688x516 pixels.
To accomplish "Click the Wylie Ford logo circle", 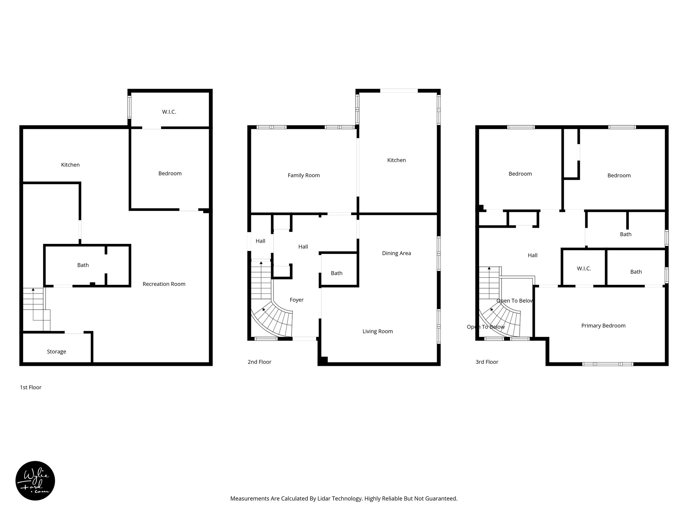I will pos(35,481).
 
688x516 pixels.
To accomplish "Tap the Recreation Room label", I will pos(164,284).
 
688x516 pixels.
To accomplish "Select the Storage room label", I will pos(56,352).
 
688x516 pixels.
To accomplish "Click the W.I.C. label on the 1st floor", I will pos(169,112).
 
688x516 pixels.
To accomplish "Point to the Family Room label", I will pos(304,175).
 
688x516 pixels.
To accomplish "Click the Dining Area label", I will pos(396,253).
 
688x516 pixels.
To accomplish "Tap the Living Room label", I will pos(378,332).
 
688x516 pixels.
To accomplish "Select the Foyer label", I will pos(297,300).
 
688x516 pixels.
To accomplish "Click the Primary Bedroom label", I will pos(603,326).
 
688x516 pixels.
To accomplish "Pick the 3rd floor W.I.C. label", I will pos(584,269).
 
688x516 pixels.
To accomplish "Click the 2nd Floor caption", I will pos(259,362).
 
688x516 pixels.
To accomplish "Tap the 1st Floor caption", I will pos(31,387).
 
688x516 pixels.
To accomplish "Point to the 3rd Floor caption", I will pos(487,362).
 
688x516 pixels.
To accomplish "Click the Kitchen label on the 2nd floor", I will pos(396,160).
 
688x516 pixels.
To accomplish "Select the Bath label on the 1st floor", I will pos(83,265).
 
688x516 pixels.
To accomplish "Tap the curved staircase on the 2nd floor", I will pos(275,321).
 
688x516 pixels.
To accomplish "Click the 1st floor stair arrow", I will pos(33,289).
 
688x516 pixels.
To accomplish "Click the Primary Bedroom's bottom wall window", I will pos(608,364).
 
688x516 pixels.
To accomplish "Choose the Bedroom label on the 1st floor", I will pos(170,173).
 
